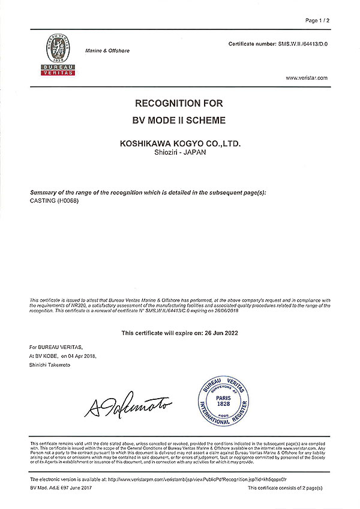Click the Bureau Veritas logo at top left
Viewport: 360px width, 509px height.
point(59,55)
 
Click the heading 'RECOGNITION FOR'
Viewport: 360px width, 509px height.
point(179,104)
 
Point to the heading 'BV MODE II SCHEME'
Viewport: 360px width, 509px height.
point(179,121)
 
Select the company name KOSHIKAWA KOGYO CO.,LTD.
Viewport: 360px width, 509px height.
point(179,144)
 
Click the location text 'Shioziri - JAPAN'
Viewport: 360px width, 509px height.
point(179,154)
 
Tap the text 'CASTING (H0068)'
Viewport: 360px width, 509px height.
point(54,201)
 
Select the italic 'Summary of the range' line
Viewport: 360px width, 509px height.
point(148,192)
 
